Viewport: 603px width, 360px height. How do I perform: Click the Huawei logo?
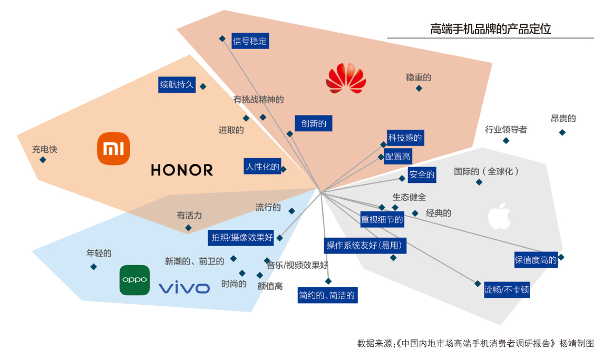click(345, 79)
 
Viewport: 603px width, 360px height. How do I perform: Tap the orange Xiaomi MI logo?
click(113, 149)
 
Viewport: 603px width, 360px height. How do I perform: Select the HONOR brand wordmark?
click(182, 170)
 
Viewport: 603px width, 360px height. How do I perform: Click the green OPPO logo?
click(134, 280)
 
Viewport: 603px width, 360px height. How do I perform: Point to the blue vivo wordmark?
click(184, 288)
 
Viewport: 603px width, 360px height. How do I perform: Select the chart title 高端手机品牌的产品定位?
click(490, 30)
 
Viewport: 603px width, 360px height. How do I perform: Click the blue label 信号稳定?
click(250, 41)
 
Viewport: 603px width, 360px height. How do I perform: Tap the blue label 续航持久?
click(177, 84)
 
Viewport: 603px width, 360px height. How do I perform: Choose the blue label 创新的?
click(314, 124)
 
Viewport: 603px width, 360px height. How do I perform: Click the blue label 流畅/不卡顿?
click(507, 289)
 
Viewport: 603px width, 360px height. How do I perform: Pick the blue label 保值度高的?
click(536, 260)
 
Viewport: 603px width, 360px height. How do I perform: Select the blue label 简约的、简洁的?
click(327, 296)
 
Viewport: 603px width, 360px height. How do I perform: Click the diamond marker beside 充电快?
click(43, 160)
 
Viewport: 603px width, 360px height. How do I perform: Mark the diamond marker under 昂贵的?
click(562, 132)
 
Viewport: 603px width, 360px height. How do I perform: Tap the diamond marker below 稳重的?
click(419, 88)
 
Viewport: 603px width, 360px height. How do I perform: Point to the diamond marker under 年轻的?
click(93, 267)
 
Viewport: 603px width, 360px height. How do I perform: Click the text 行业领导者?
click(506, 130)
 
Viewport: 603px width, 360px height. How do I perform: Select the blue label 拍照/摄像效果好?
click(242, 238)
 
